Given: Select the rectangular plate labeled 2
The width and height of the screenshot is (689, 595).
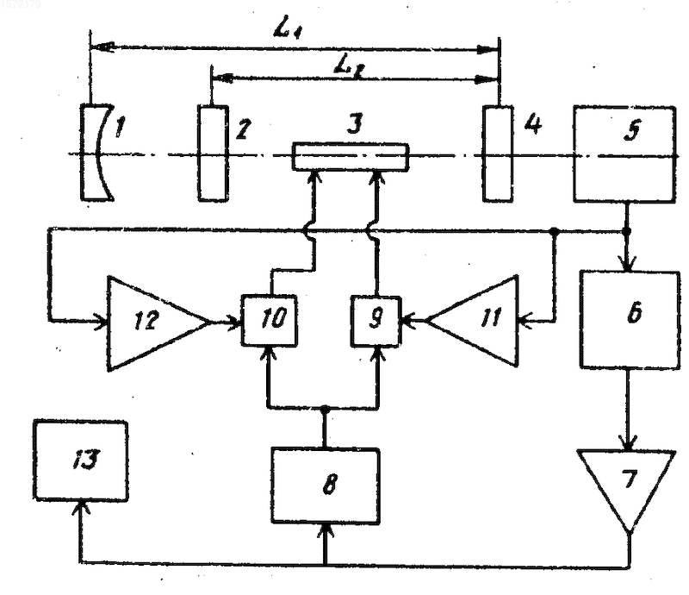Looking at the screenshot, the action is (213, 153).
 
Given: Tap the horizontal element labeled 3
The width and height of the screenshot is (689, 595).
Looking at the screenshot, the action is (351, 157).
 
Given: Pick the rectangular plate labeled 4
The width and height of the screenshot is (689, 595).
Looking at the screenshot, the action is (498, 153).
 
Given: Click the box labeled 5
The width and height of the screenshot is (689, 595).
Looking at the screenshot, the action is (625, 154).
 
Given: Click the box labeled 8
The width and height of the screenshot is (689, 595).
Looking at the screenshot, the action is (326, 485).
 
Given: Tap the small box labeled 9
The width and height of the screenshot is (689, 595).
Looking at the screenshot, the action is (376, 321).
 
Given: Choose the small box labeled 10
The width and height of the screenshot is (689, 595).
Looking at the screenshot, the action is (269, 320).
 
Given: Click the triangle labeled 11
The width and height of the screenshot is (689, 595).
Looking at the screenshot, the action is (472, 321).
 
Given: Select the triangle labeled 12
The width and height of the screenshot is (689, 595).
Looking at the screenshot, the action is (158, 323).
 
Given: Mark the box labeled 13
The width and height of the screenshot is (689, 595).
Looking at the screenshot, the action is (81, 460).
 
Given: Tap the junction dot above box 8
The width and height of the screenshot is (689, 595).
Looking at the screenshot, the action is (325, 410).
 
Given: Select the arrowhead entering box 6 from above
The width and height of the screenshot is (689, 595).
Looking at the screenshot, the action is (628, 265).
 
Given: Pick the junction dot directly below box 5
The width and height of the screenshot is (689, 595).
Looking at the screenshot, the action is (627, 230).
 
